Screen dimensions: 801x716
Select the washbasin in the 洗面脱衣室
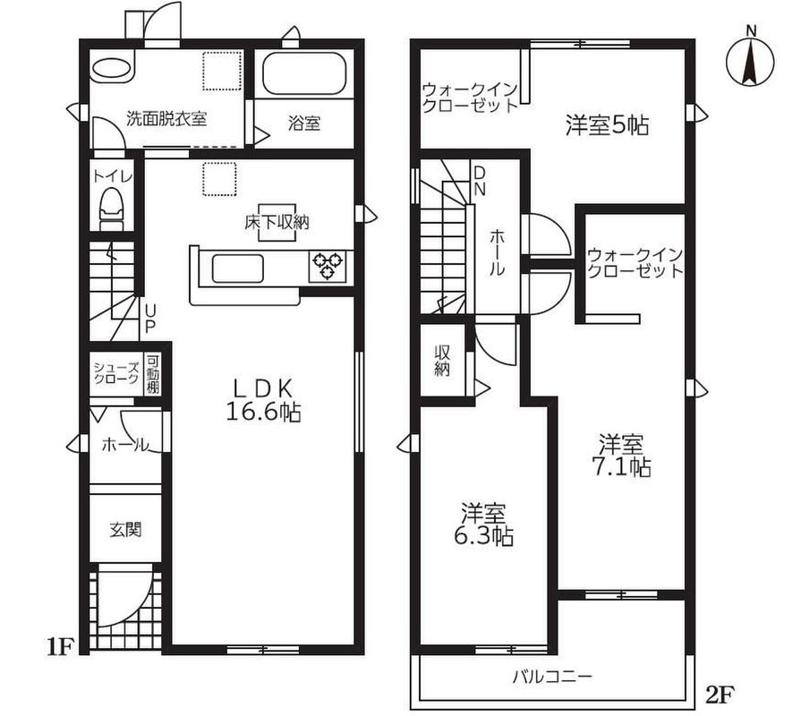pos(112,68)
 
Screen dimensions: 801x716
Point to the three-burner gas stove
pos(328,266)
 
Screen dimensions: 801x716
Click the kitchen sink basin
pos(237,268)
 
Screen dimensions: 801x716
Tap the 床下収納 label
pos(277,222)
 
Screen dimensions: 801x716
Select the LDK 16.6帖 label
pos(263,400)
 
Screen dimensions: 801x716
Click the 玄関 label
pos(125,530)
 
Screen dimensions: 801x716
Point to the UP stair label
pos(150,319)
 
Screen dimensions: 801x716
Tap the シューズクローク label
pos(116,373)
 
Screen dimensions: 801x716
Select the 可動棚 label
pos(153,374)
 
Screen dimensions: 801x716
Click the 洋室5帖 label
pos(607,125)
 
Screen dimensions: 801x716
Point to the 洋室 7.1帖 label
pos(621,455)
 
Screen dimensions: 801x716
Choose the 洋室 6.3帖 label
pos(484,524)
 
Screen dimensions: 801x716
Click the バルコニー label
pos(552,678)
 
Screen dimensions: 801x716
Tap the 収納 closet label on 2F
pos(442,361)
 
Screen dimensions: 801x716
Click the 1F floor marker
pos(60,646)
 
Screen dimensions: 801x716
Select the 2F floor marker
pos(720,694)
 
